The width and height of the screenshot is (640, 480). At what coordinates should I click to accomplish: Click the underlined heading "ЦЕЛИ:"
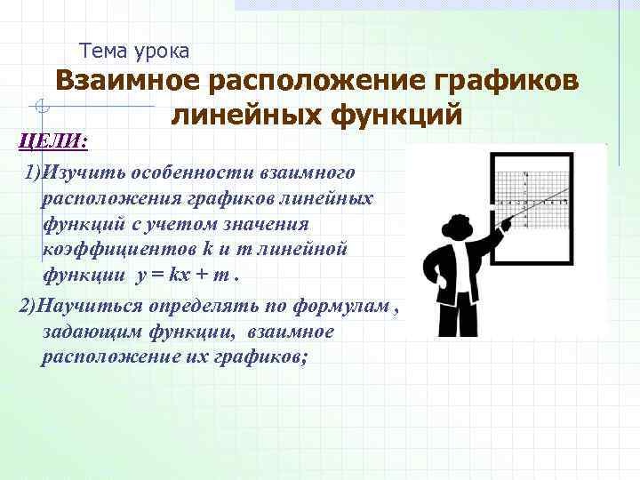[51, 139]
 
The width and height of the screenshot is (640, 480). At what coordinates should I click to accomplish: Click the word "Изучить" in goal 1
[77, 171]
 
